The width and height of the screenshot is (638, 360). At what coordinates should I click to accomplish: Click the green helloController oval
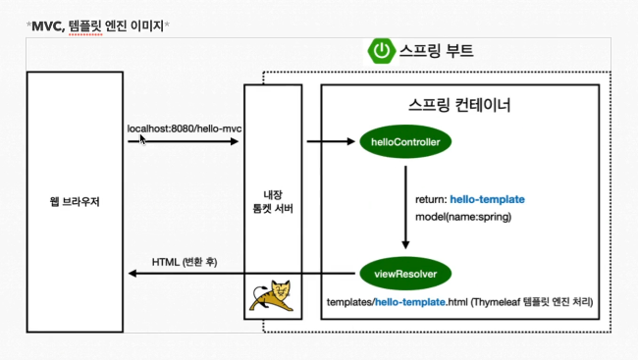(405, 141)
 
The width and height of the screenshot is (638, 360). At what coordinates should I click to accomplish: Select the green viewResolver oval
(405, 274)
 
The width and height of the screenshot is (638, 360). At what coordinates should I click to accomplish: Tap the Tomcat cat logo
(272, 295)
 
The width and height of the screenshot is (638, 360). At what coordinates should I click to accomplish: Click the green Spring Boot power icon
(382, 51)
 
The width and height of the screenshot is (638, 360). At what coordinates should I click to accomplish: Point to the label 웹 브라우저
(75, 202)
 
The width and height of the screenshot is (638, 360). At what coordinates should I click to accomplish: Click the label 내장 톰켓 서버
(273, 202)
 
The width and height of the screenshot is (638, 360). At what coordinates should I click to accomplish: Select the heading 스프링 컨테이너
(459, 105)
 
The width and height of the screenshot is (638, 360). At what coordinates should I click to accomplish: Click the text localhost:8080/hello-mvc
(185, 129)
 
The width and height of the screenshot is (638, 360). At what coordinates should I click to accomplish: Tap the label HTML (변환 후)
(185, 262)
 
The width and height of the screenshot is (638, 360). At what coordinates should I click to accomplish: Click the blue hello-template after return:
(487, 199)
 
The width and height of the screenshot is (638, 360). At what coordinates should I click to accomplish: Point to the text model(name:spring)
(463, 217)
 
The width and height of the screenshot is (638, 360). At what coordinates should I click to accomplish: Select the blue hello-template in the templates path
(409, 302)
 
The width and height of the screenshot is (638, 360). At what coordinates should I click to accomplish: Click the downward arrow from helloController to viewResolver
(405, 207)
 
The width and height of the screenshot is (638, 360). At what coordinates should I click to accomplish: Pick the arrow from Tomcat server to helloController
(331, 141)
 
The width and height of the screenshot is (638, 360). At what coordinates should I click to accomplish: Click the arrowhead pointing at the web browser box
(133, 274)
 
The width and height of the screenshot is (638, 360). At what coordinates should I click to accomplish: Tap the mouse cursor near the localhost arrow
(142, 140)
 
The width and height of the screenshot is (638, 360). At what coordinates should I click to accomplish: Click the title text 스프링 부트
(436, 51)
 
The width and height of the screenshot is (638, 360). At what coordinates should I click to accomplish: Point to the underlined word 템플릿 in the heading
(85, 26)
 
